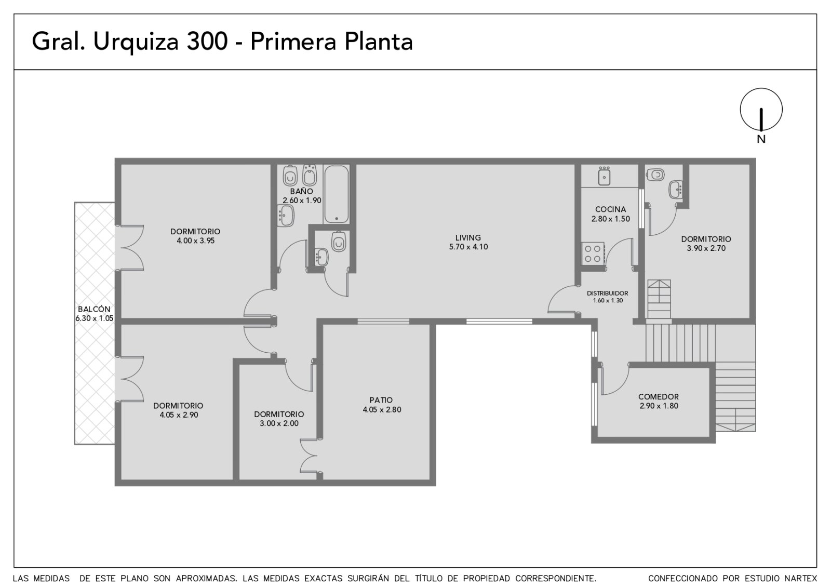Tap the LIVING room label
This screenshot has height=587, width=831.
pyautogui.click(x=468, y=237)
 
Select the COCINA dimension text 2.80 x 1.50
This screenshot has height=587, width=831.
pyautogui.click(x=611, y=219)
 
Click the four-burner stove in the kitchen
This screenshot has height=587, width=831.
pyautogui.click(x=593, y=254)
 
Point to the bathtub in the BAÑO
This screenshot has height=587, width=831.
pyautogui.click(x=337, y=194)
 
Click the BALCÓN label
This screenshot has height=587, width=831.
pyautogui.click(x=94, y=309)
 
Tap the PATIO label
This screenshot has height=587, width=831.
pyautogui.click(x=381, y=400)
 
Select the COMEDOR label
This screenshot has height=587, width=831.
pyautogui.click(x=659, y=396)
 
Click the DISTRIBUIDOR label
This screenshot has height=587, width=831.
pyautogui.click(x=608, y=293)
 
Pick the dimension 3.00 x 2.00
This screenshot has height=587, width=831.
pyautogui.click(x=279, y=423)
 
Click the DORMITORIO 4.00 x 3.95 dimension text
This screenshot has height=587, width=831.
pyautogui.click(x=195, y=241)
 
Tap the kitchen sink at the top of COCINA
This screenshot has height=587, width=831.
pyautogui.click(x=605, y=176)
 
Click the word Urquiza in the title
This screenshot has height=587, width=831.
pyautogui.click(x=136, y=42)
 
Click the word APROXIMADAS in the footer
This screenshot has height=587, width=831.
pyautogui.click(x=207, y=578)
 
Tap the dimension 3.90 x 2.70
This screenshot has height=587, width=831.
pyautogui.click(x=706, y=248)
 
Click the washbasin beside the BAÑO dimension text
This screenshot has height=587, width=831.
pyautogui.click(x=286, y=216)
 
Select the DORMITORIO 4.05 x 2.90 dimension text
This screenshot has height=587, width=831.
pyautogui.click(x=179, y=415)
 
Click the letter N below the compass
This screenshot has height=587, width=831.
pyautogui.click(x=761, y=139)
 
